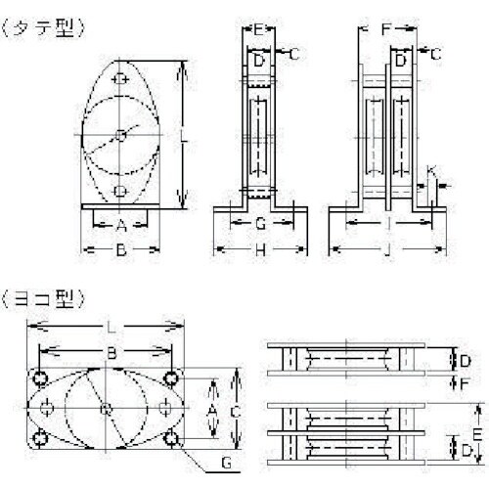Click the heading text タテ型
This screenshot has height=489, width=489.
46,29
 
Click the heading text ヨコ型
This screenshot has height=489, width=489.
46,294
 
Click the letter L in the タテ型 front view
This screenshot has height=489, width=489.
184,137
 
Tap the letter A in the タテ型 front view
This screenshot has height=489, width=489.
120,225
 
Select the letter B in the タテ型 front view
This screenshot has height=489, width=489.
120,251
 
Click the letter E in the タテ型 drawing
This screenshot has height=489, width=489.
258,29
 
